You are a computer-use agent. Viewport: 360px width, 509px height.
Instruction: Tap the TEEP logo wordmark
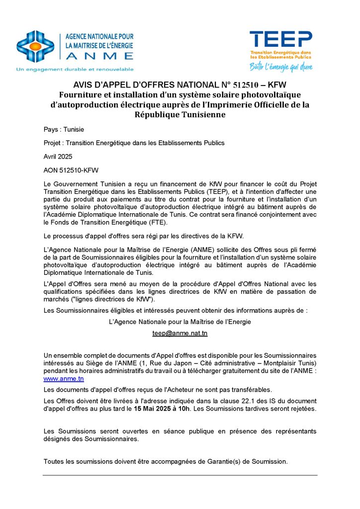click(281, 39)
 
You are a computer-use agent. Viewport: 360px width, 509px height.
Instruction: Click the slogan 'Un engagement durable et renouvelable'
click(75, 69)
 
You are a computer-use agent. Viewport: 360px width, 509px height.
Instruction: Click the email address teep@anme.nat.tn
click(180, 334)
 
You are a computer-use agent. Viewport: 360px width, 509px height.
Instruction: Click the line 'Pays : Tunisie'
click(64, 129)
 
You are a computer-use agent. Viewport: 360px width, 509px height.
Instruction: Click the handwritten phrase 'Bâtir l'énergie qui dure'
click(281, 65)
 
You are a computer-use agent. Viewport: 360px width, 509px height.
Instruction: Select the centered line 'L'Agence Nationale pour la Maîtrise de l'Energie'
click(180, 322)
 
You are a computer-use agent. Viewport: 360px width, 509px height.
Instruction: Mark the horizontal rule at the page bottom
click(180, 475)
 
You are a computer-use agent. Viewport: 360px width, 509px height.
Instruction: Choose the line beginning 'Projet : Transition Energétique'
click(134, 143)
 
